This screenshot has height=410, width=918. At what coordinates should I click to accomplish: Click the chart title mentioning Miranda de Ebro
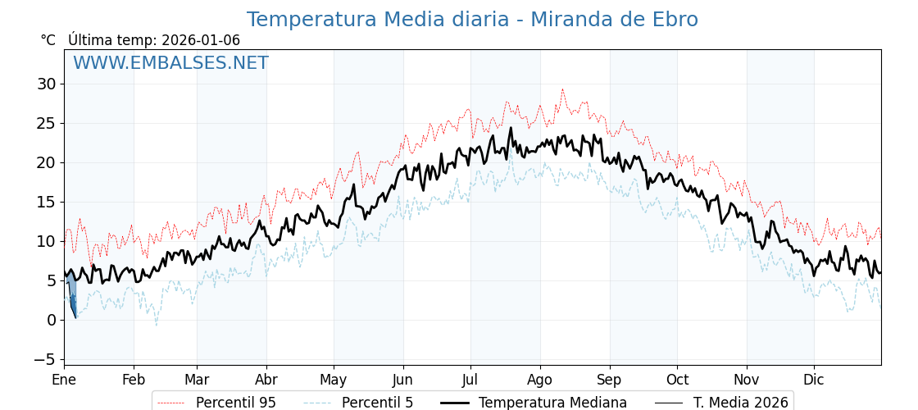[x=472, y=20]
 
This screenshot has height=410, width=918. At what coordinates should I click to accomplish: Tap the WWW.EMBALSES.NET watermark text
[x=170, y=63]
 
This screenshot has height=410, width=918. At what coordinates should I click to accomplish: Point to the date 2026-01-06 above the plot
[x=201, y=40]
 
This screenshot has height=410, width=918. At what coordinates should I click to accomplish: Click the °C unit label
[x=48, y=40]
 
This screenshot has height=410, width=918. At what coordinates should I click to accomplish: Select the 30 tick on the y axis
[x=46, y=84]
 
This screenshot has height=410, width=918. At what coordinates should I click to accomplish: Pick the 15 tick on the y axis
[x=46, y=202]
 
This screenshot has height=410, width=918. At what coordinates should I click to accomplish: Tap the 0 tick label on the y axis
[x=51, y=320]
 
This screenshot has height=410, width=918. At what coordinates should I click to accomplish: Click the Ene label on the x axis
[x=64, y=380]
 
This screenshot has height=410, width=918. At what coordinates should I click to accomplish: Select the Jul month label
[x=470, y=380]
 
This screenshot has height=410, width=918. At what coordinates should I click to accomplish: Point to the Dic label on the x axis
[x=814, y=380]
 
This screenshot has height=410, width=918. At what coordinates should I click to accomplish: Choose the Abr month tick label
[x=266, y=380]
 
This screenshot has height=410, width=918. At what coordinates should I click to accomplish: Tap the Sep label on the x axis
[x=609, y=380]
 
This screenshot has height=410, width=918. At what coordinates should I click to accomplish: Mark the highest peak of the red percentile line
[x=562, y=89]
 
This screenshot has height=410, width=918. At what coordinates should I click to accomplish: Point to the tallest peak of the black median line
[x=511, y=128]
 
